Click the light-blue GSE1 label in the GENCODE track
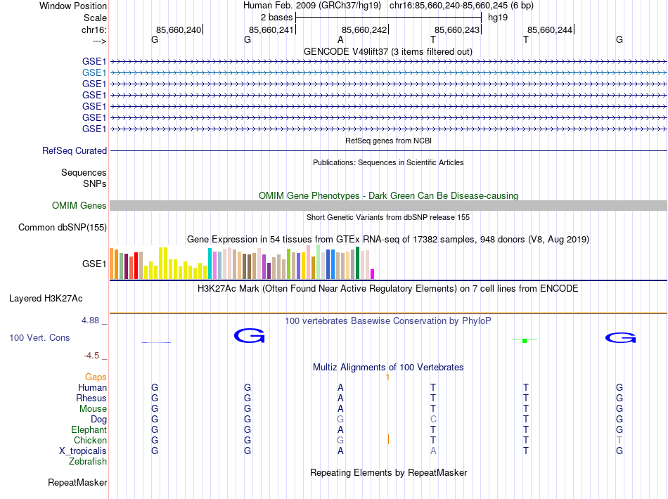tap(94, 72)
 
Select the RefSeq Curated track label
tap(75, 150)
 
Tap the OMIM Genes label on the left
tap(79, 206)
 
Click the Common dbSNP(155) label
tap(63, 227)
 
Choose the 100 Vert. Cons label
tap(39, 338)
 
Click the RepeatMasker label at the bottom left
tap(77, 483)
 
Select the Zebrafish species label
tap(88, 462)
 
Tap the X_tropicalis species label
tap(83, 451)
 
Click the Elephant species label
tap(89, 430)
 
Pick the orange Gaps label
tap(96, 377)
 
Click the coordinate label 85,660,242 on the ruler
tap(364, 30)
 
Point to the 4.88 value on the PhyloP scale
tap(91, 320)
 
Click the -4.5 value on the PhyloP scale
tap(91, 356)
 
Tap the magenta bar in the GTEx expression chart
tap(373, 274)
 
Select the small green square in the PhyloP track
tap(525, 341)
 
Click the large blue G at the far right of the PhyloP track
tap(620, 339)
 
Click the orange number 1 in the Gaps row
tap(387, 377)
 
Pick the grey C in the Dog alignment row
tap(433, 420)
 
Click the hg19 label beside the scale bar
tap(498, 16)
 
